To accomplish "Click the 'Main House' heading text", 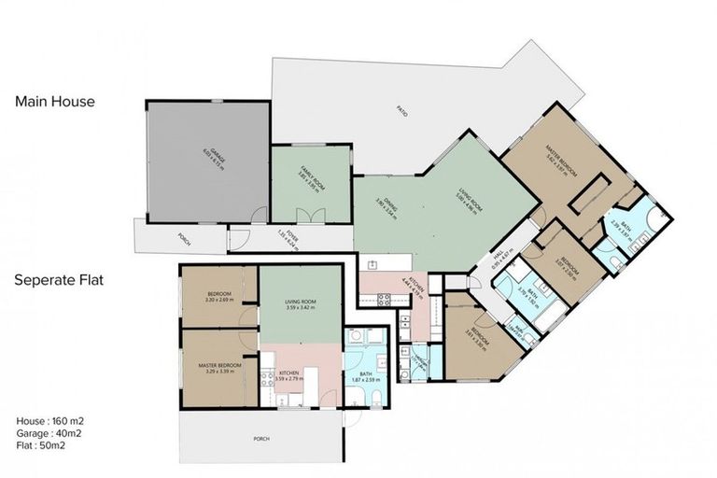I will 54,102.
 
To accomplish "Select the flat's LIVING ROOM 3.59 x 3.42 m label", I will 297,304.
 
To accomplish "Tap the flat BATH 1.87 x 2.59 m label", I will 359,377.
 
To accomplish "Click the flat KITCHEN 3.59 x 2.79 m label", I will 297,375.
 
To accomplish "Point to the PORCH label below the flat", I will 260,438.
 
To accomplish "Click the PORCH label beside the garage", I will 184,240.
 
